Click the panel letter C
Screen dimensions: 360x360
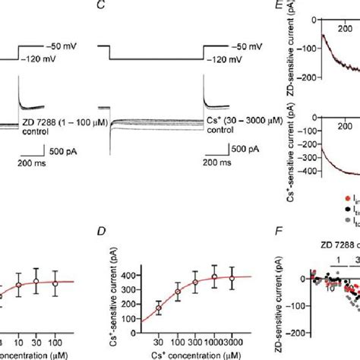click(x=101, y=5)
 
